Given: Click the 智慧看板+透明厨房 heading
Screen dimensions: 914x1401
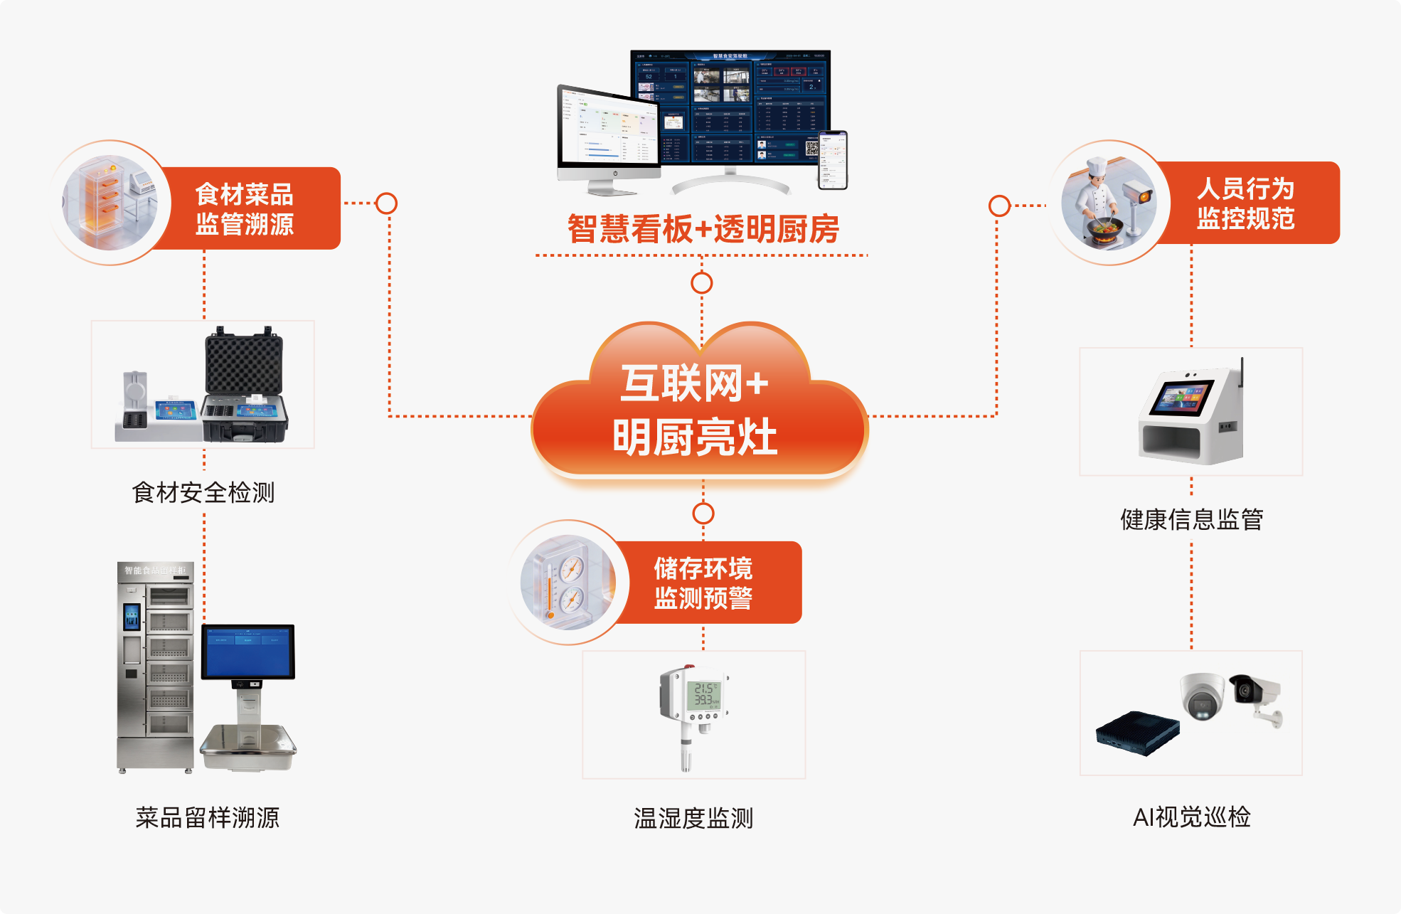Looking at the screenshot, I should [703, 229].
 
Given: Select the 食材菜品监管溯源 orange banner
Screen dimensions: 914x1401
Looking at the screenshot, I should [245, 208].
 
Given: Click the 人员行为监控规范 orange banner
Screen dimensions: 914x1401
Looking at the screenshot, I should [1245, 203].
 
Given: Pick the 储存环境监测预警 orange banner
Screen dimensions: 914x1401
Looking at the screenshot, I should [703, 583].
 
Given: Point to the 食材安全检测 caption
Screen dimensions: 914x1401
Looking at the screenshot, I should [203, 492].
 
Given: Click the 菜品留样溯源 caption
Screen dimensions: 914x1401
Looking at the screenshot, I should [207, 817].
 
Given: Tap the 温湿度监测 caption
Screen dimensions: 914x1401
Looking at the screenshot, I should [693, 818].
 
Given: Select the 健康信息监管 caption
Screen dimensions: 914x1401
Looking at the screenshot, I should [1191, 519].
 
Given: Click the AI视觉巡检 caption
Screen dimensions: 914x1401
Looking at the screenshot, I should [1191, 817].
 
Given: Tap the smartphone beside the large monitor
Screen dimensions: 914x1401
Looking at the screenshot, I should [833, 160].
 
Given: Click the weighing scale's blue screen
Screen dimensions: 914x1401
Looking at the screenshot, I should [247, 652].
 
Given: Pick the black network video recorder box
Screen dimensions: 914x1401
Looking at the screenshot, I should [1137, 733].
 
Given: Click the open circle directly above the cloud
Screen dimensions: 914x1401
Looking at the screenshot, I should [702, 283].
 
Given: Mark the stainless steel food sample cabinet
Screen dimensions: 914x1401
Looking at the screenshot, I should [156, 665].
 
